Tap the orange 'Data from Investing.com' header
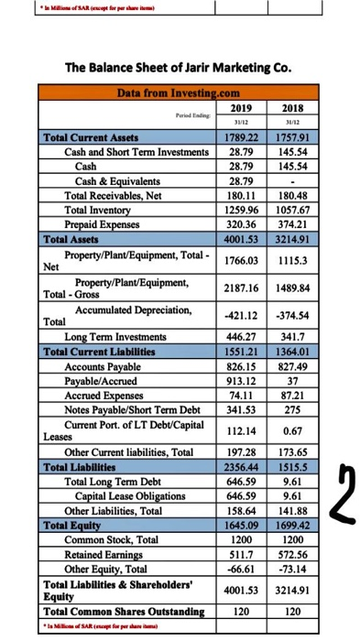click(x=178, y=92)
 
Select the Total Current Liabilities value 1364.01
click(x=294, y=352)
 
